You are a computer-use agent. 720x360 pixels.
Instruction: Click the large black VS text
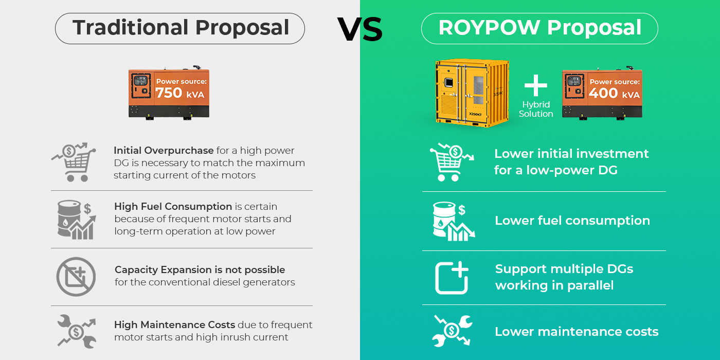pyautogui.click(x=360, y=29)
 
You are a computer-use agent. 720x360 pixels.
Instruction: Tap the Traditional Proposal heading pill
pyautogui.click(x=180, y=28)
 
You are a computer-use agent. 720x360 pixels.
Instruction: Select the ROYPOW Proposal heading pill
pyautogui.click(x=539, y=28)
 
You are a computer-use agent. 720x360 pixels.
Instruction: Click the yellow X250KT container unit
pyautogui.click(x=472, y=93)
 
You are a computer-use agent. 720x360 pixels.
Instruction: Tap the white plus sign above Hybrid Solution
pyautogui.click(x=535, y=85)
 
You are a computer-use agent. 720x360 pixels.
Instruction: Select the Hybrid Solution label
pyautogui.click(x=536, y=109)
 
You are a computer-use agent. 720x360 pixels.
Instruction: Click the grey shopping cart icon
pyautogui.click(x=74, y=162)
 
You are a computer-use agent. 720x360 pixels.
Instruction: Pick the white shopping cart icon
pyautogui.click(x=452, y=162)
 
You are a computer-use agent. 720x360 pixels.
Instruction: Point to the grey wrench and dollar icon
pyautogui.click(x=77, y=331)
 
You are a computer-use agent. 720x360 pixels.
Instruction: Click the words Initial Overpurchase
pyautogui.click(x=164, y=150)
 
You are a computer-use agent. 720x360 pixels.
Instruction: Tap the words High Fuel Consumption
pyautogui.click(x=173, y=206)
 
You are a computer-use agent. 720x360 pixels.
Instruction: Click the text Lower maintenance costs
pyautogui.click(x=577, y=331)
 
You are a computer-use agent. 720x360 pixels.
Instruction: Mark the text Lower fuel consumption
pyautogui.click(x=572, y=221)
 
